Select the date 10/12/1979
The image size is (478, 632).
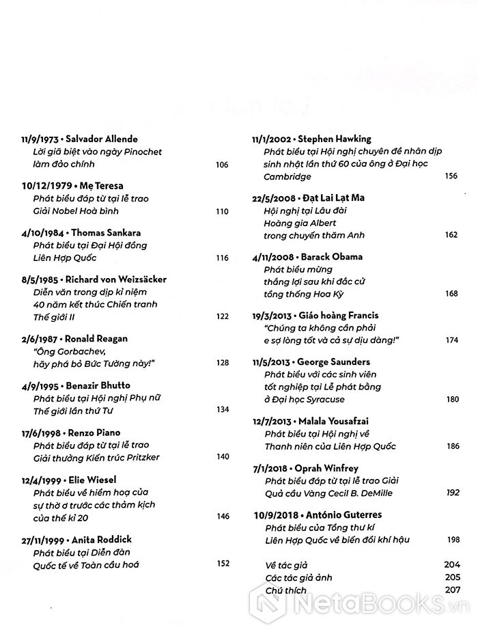[x=42, y=186]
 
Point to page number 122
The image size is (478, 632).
[x=221, y=316]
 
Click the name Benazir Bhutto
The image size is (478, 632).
[x=102, y=385]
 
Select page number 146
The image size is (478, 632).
[x=221, y=517]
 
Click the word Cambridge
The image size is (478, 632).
[x=286, y=176]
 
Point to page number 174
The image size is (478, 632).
[x=451, y=340]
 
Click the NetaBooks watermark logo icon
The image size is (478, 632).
[x=269, y=603]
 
